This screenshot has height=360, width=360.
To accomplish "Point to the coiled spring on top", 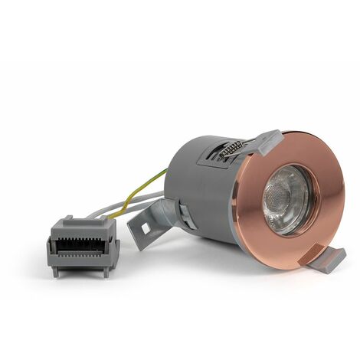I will coord(231,150).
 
